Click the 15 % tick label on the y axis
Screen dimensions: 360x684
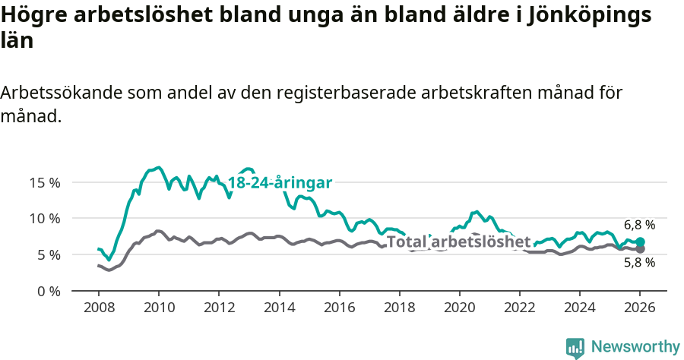point(45,182)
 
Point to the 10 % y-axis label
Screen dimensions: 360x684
point(45,219)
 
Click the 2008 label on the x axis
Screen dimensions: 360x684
point(99,308)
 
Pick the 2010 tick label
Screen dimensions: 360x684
point(159,308)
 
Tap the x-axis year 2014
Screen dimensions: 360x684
point(279,308)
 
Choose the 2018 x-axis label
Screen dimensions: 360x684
point(399,308)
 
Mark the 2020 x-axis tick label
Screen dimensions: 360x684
point(459,308)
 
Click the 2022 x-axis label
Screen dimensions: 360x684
point(519,308)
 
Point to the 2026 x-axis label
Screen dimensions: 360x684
point(639,308)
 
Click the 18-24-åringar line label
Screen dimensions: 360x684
point(280,183)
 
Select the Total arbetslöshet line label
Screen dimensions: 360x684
point(458,242)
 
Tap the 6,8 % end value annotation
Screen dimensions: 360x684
point(639,226)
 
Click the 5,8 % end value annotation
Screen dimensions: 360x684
point(639,263)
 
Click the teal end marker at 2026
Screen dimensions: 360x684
point(640,242)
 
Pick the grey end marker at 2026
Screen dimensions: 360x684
point(640,249)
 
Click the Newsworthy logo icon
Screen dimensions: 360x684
point(575,348)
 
